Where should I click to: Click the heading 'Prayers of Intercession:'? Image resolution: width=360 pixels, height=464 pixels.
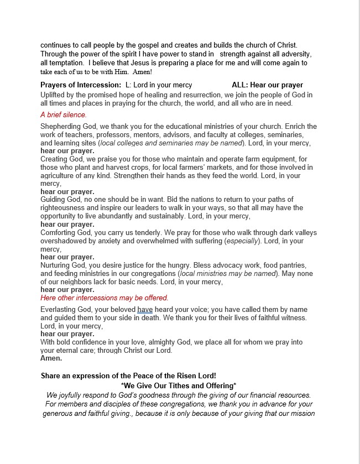click(81, 85)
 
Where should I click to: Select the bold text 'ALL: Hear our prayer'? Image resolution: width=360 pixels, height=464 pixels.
click(267, 85)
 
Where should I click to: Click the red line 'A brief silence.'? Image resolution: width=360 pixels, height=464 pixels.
click(64, 115)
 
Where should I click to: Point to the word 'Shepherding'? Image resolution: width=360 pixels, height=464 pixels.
click(60, 127)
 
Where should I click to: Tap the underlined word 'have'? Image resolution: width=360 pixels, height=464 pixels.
click(145, 310)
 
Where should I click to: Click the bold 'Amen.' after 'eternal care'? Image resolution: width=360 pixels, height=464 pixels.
click(51, 358)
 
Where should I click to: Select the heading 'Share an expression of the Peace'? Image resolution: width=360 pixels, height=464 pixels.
click(128, 376)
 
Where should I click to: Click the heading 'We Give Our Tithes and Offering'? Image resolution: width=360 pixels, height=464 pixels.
click(179, 385)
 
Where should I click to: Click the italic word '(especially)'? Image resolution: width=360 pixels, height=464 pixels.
click(243, 241)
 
